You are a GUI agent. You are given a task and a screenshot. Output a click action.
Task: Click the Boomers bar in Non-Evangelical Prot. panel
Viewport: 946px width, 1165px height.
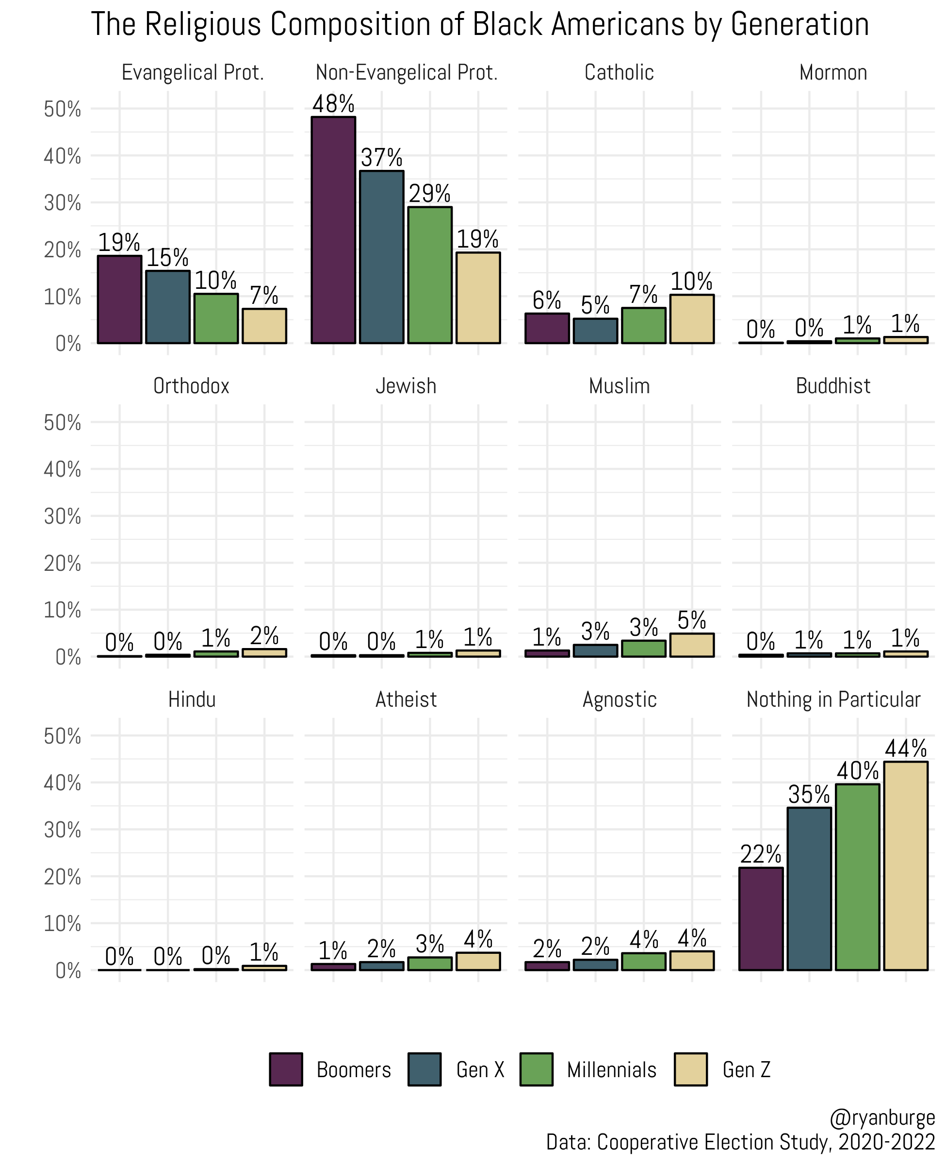(333, 230)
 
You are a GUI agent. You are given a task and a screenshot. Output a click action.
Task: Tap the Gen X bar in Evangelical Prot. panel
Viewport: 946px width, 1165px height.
(168, 306)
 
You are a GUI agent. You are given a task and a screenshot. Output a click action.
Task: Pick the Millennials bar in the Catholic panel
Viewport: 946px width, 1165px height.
(644, 325)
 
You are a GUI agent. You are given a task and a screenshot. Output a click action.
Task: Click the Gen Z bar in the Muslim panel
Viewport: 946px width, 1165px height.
(691, 645)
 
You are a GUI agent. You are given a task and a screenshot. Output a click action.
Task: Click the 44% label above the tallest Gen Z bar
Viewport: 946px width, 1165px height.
(905, 749)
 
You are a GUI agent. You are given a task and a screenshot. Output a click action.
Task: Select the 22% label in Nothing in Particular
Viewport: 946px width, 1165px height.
(761, 854)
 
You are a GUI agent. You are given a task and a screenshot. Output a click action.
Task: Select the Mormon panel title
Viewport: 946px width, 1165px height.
(832, 72)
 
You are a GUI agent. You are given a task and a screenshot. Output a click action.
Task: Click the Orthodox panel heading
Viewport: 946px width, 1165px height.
(191, 386)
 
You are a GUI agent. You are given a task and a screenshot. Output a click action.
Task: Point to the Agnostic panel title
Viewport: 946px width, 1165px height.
(619, 699)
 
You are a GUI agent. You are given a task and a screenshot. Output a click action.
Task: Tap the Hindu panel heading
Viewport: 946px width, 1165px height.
(191, 699)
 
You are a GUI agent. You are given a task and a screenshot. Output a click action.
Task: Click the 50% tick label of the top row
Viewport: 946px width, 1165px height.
(62, 110)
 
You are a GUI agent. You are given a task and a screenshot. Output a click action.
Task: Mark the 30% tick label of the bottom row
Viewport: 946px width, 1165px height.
(62, 830)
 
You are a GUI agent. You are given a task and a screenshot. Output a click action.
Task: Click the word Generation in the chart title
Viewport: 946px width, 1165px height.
(799, 25)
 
